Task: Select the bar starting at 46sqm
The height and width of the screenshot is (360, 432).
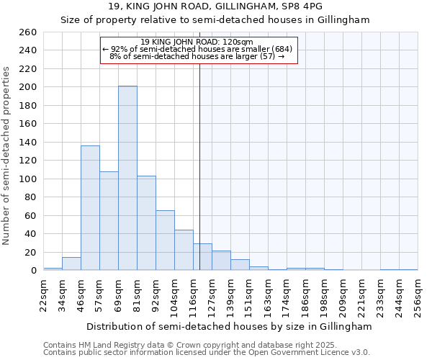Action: coord(90,208)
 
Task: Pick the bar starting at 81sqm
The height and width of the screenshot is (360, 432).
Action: coord(146,223)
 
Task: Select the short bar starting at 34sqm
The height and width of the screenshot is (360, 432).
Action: coord(71,264)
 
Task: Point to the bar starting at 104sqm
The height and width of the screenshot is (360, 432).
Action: coord(184,251)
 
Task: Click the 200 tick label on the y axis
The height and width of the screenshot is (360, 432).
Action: coord(30,87)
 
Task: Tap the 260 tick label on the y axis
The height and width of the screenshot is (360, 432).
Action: coord(30,32)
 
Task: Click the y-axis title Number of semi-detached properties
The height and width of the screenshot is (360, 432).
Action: coord(7,155)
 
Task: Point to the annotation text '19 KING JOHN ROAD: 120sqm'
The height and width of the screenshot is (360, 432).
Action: coord(197,42)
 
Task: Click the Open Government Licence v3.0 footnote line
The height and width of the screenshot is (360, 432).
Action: coord(207,352)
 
